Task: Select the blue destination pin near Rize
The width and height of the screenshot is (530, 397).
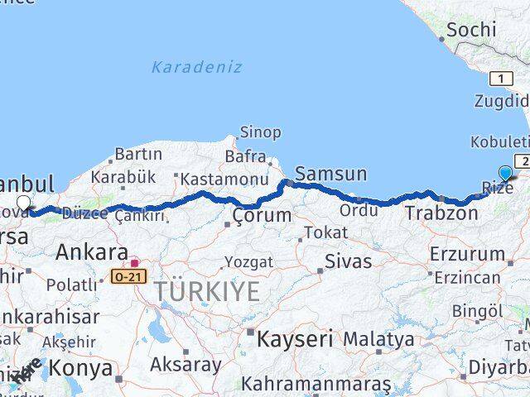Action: click(x=506, y=174)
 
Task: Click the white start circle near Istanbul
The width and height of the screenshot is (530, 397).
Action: click(x=23, y=203)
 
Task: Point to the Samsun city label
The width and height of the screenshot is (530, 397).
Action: click(x=330, y=174)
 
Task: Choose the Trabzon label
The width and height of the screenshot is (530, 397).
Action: click(x=441, y=213)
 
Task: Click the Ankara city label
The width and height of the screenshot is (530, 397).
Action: click(x=91, y=252)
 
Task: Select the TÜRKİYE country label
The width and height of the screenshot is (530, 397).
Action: click(x=205, y=291)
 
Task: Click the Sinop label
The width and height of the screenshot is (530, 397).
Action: click(x=260, y=132)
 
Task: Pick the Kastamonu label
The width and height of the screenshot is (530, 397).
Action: click(x=224, y=179)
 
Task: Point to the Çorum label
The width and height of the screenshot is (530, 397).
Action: click(x=262, y=216)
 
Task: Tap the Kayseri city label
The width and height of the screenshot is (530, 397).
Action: click(x=294, y=338)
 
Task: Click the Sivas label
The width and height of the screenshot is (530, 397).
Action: click(x=348, y=262)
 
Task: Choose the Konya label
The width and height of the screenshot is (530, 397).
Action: click(x=81, y=366)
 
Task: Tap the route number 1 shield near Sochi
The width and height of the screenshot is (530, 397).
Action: click(x=500, y=79)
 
